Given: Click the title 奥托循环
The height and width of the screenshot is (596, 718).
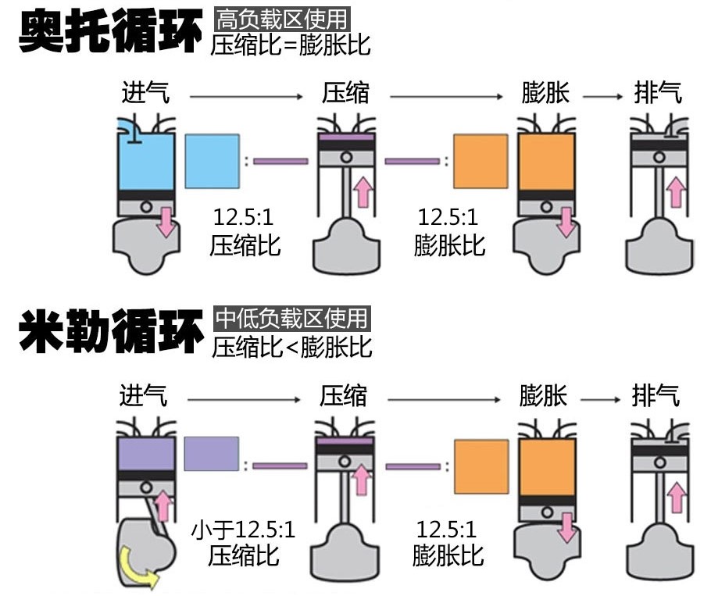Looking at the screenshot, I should click(x=109, y=32).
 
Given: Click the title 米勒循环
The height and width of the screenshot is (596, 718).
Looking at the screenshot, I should click(x=109, y=332).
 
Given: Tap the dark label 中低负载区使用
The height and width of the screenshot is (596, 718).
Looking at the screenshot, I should click(x=291, y=318).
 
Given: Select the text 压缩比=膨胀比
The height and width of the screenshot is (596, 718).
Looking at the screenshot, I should click(x=291, y=45).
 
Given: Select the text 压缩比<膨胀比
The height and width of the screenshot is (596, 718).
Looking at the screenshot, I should click(x=291, y=345).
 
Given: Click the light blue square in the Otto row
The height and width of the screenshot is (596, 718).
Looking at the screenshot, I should click(x=212, y=161).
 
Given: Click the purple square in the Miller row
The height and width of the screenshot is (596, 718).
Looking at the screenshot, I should click(x=211, y=453).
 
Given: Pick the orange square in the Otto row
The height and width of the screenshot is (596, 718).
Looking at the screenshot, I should click(x=481, y=161).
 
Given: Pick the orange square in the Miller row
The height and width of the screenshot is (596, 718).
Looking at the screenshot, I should click(x=481, y=466).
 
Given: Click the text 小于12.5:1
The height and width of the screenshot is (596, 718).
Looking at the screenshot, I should click(x=244, y=531).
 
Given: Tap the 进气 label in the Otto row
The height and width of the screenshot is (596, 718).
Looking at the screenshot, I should click(x=145, y=94).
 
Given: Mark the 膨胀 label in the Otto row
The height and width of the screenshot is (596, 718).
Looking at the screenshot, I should click(x=545, y=94).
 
